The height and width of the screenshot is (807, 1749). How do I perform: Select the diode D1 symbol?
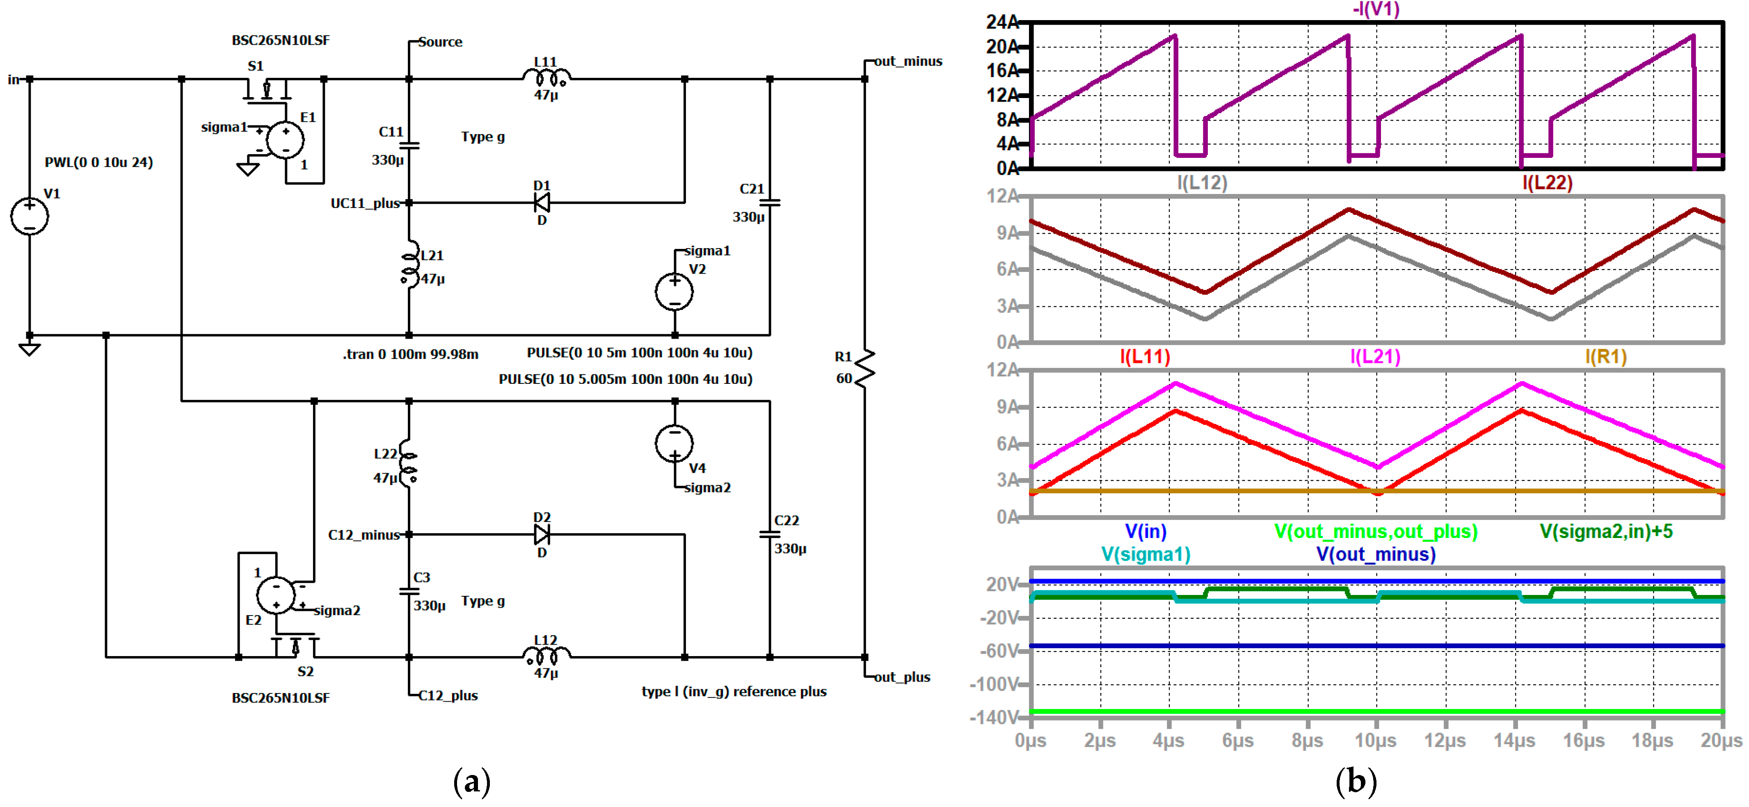[x=542, y=202]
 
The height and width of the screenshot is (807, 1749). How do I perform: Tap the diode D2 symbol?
[x=542, y=535]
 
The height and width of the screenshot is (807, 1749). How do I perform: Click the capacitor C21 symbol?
[x=770, y=202]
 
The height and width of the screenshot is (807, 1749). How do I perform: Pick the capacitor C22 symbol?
[x=770, y=535]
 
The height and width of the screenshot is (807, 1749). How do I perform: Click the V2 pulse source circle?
[x=674, y=292]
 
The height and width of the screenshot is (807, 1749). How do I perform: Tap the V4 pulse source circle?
[x=674, y=443]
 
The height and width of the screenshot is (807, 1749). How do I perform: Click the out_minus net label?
[x=908, y=61]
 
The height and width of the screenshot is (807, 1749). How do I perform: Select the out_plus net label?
[x=902, y=677]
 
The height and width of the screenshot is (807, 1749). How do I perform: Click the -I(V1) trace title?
[x=1376, y=9]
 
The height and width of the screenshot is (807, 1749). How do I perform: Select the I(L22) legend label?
[x=1547, y=182]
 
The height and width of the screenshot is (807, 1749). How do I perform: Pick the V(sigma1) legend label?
[x=1145, y=554]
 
